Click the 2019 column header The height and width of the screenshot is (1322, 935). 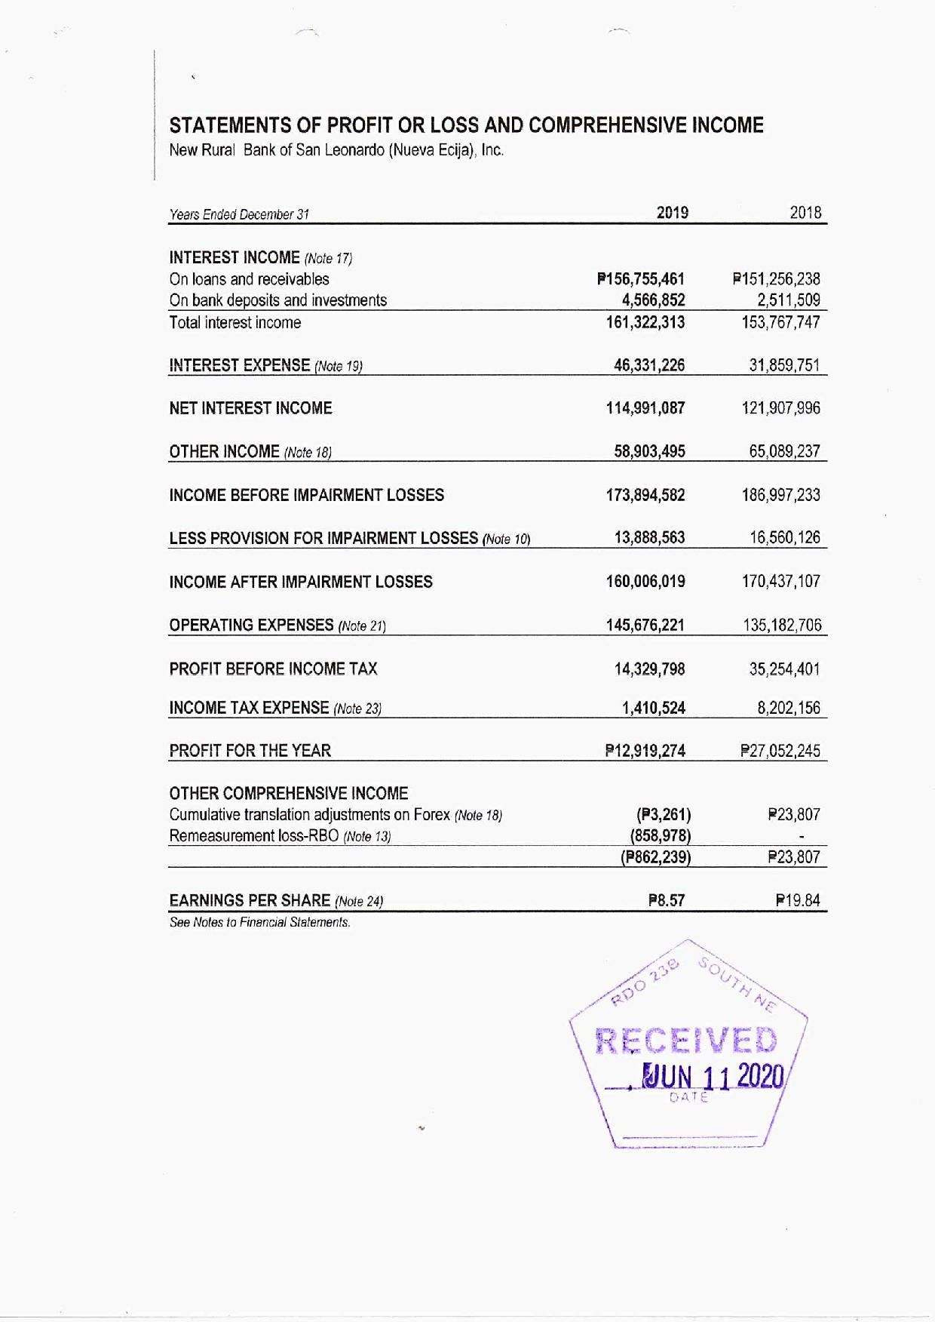coord(672,213)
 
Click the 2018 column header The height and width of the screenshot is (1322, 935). coord(805,213)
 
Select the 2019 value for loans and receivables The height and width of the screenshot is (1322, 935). coord(641,279)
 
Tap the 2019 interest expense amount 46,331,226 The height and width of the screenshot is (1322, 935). coord(649,366)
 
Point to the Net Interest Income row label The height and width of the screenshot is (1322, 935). coord(250,408)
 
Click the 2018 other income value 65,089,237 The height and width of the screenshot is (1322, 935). coord(784,451)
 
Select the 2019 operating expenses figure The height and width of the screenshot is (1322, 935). coord(645,625)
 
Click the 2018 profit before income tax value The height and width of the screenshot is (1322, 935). coord(784,669)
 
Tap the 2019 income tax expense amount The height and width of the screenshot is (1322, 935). coord(653,708)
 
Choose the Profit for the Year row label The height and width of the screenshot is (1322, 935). coord(250,751)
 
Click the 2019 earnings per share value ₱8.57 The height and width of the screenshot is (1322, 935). coord(666,900)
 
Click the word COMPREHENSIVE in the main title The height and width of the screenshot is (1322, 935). coord(607,125)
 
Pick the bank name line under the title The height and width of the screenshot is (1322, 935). coord(336,149)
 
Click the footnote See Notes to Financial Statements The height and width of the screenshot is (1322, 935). coord(259,922)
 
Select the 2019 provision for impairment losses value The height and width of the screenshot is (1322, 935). coord(649,537)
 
